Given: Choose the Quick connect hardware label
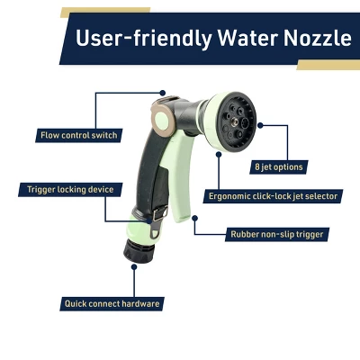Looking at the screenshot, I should [x=112, y=303].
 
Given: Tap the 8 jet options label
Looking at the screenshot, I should [x=277, y=166].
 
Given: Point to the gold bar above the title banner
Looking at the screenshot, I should [x=108, y=11].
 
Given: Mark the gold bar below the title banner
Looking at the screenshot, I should [x=328, y=66].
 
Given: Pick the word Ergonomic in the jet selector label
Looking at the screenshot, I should [x=232, y=194].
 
